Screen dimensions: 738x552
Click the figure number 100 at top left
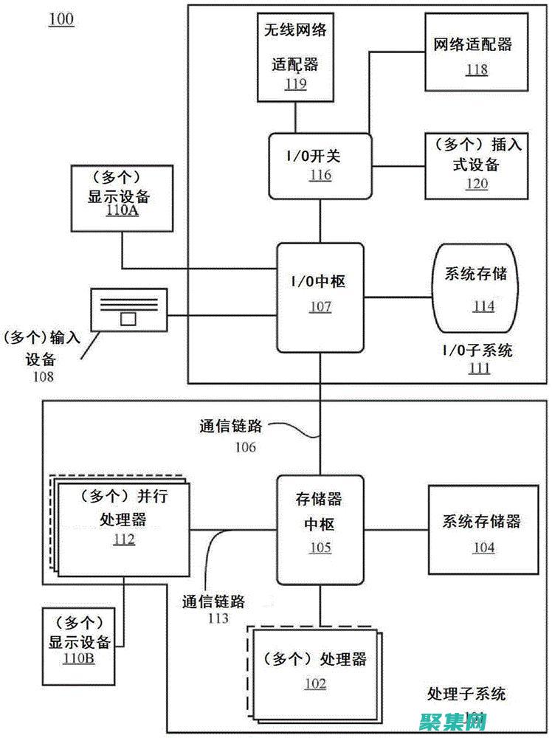61,20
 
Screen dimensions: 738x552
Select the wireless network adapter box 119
296,58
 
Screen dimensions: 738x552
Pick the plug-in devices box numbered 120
476,165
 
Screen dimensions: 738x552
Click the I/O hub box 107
320,297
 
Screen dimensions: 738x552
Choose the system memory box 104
483,533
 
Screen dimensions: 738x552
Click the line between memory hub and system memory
396,529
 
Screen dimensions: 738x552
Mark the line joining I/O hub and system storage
398,297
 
